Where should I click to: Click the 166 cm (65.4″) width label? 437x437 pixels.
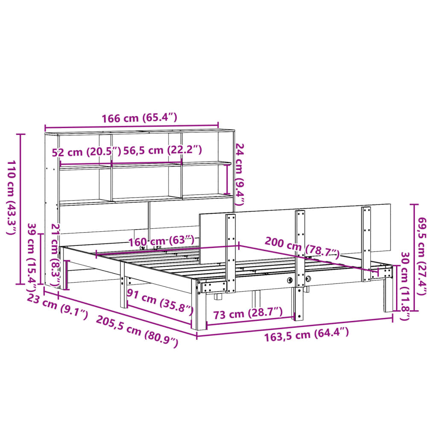[139, 118]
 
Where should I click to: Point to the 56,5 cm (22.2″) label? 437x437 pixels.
[162, 150]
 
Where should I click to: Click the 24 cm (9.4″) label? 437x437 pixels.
[240, 174]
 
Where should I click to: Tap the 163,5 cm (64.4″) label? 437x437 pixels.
[306, 333]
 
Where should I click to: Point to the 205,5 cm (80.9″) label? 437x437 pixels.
[137, 331]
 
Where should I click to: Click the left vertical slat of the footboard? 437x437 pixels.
[231, 252]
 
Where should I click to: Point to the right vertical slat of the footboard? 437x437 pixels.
[366, 243]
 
